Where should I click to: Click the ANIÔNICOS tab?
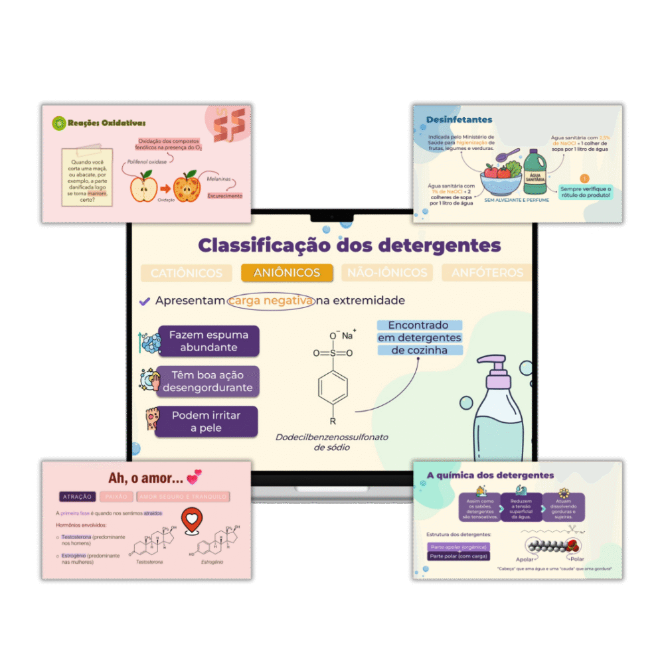tap(287, 272)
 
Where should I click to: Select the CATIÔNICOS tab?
tap(187, 273)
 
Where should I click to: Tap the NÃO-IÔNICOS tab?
tap(387, 272)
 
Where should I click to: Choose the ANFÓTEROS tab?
tap(487, 272)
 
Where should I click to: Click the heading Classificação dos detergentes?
tap(349, 245)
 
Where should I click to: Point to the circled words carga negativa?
tap(271, 301)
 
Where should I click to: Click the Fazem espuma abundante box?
tap(208, 341)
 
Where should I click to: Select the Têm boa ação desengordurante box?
tap(207, 382)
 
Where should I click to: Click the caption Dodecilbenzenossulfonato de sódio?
tap(332, 442)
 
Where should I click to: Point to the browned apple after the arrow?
tap(188, 187)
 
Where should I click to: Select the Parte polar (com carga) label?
tap(459, 556)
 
